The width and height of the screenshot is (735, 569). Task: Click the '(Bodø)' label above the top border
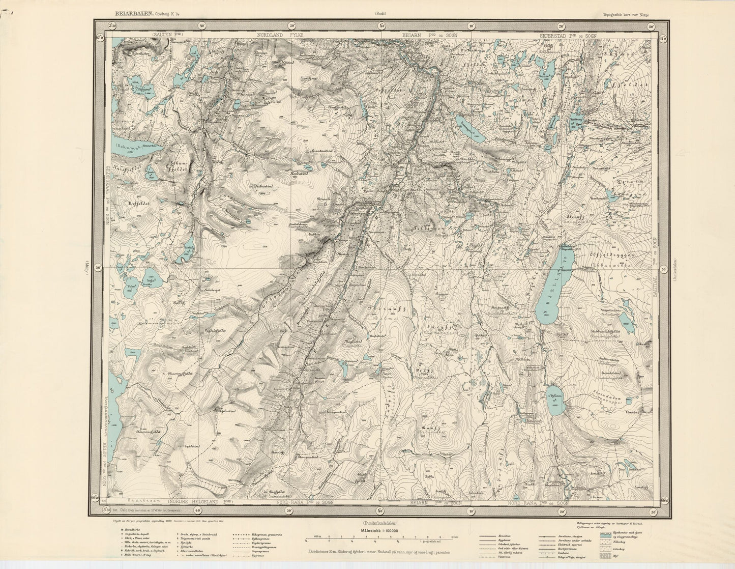pos(380,14)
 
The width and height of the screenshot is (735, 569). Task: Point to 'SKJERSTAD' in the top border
pos(554,36)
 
